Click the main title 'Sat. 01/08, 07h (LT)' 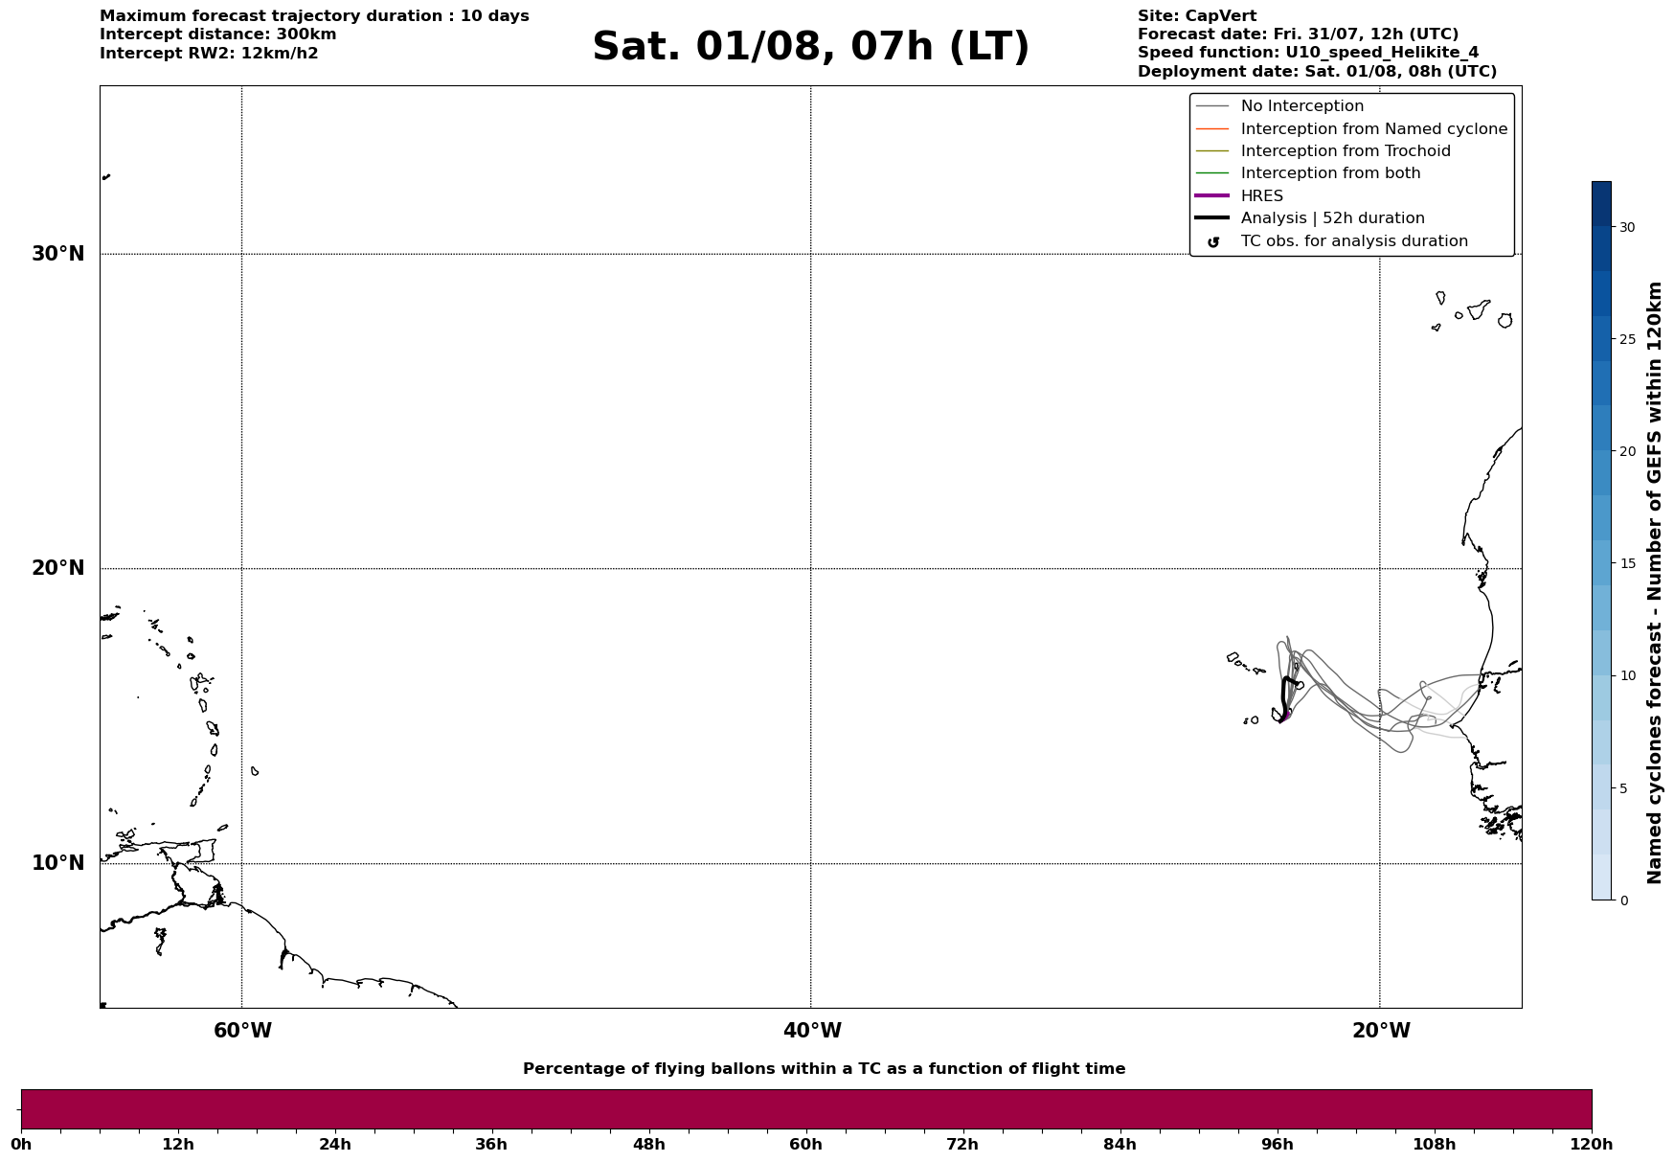[810, 47]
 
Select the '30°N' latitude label [58, 254]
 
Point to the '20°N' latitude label [58, 568]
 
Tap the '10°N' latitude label [58, 863]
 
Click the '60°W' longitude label [242, 1031]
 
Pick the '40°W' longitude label [812, 1031]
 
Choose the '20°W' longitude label [1381, 1031]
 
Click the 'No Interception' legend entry [1302, 106]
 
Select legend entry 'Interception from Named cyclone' [1374, 129]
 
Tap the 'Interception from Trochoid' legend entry [1346, 151]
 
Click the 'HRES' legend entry [1262, 196]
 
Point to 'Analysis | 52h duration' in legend [1333, 218]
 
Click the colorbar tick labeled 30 [1627, 227]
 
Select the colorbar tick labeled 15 [1627, 563]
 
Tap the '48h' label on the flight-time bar [648, 1144]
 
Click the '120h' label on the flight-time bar [1592, 1144]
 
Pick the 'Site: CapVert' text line [1197, 16]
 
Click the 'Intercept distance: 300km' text [218, 34]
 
